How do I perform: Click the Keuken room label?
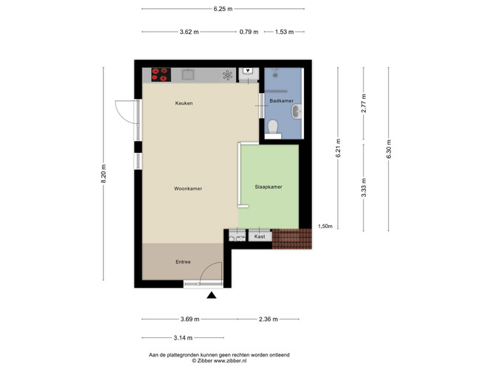184,103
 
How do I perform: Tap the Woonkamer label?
188,188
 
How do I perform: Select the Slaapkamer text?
268,187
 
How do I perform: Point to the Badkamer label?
282,101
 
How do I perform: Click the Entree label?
183,261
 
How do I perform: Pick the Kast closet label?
260,236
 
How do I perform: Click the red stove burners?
161,75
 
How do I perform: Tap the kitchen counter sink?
188,75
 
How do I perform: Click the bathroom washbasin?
297,111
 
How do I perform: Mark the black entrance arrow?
212,295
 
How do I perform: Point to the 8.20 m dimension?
103,173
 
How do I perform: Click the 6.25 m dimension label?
223,9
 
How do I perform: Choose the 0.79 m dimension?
249,32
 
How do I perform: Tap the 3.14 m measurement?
183,338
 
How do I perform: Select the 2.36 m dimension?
268,319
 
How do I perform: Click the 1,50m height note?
325,226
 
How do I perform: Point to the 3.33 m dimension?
364,187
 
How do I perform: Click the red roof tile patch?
292,238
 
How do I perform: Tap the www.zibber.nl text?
230,361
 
